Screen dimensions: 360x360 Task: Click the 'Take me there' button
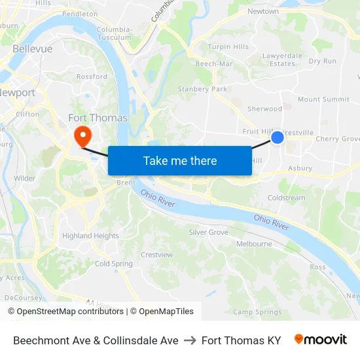click(180, 161)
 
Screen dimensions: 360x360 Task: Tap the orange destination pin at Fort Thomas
click(82, 135)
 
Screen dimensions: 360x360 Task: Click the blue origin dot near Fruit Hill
click(278, 137)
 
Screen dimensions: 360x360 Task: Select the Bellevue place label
click(32, 49)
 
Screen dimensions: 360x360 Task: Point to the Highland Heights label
click(90, 236)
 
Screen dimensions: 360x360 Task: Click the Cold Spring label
click(113, 264)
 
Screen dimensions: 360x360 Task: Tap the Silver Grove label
click(208, 232)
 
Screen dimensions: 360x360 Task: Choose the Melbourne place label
click(254, 243)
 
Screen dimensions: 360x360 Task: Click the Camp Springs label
click(257, 312)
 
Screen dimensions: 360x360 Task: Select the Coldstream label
click(286, 198)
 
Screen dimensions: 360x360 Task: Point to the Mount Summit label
click(323, 99)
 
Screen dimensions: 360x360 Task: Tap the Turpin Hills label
click(228, 47)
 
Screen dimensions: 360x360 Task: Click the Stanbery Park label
click(202, 89)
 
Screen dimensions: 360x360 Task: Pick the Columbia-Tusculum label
click(115, 33)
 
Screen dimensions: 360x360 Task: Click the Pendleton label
click(80, 14)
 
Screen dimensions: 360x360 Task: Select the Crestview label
click(156, 255)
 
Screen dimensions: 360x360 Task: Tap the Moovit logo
click(320, 340)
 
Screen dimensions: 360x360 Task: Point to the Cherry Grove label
click(337, 139)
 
